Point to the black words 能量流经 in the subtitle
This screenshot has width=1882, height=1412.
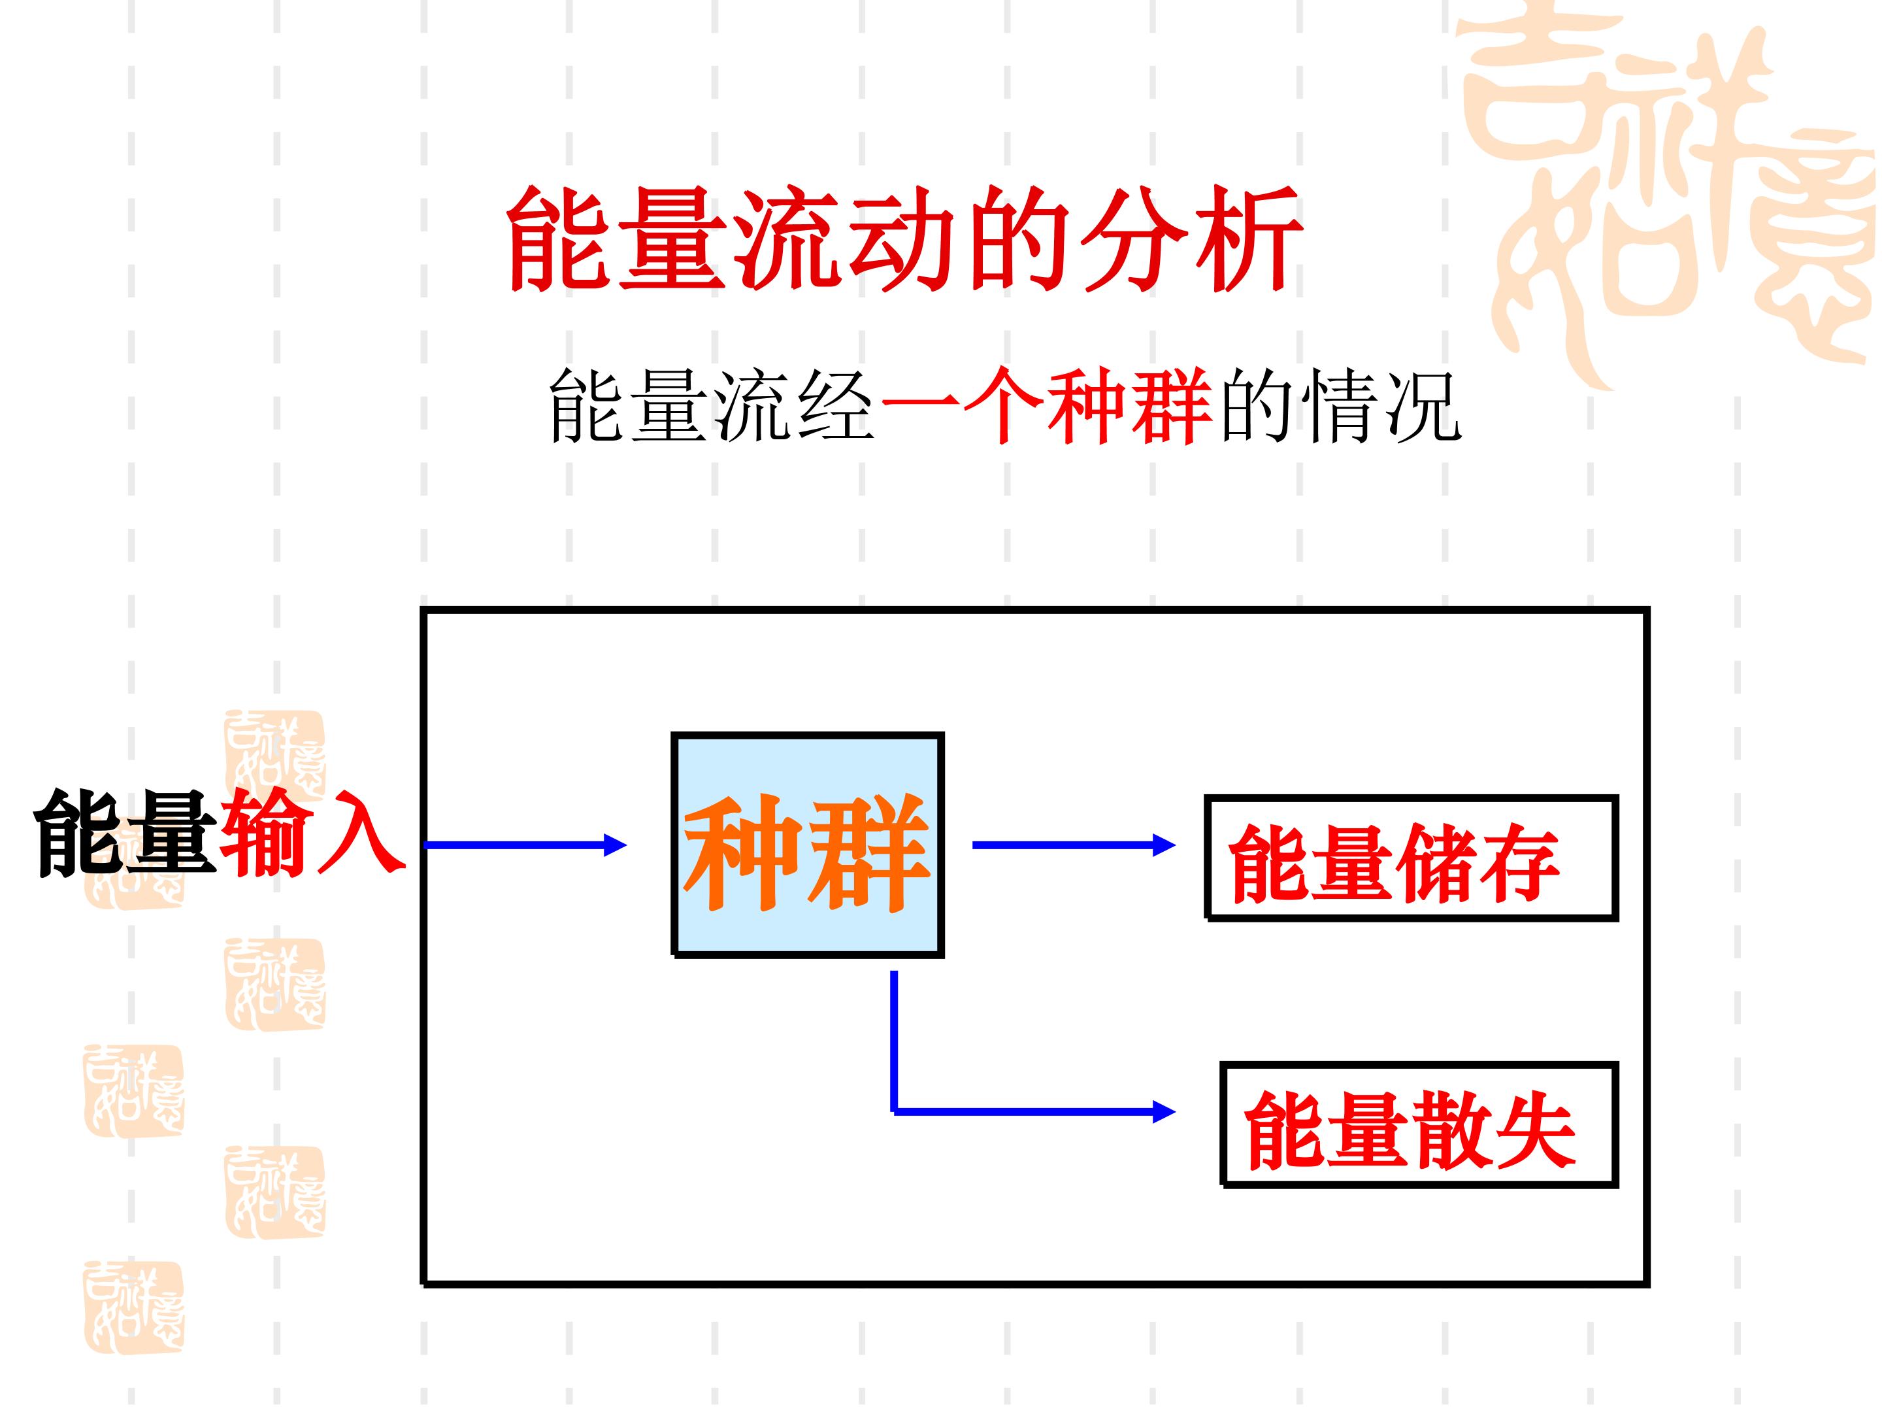click(712, 406)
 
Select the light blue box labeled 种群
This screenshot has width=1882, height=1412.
click(808, 845)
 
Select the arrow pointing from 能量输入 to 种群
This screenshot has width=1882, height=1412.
click(525, 845)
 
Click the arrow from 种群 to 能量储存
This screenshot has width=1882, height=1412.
click(1074, 845)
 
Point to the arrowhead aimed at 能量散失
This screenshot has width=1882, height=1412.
click(1164, 1111)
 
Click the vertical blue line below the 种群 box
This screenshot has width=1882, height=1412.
click(894, 1041)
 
